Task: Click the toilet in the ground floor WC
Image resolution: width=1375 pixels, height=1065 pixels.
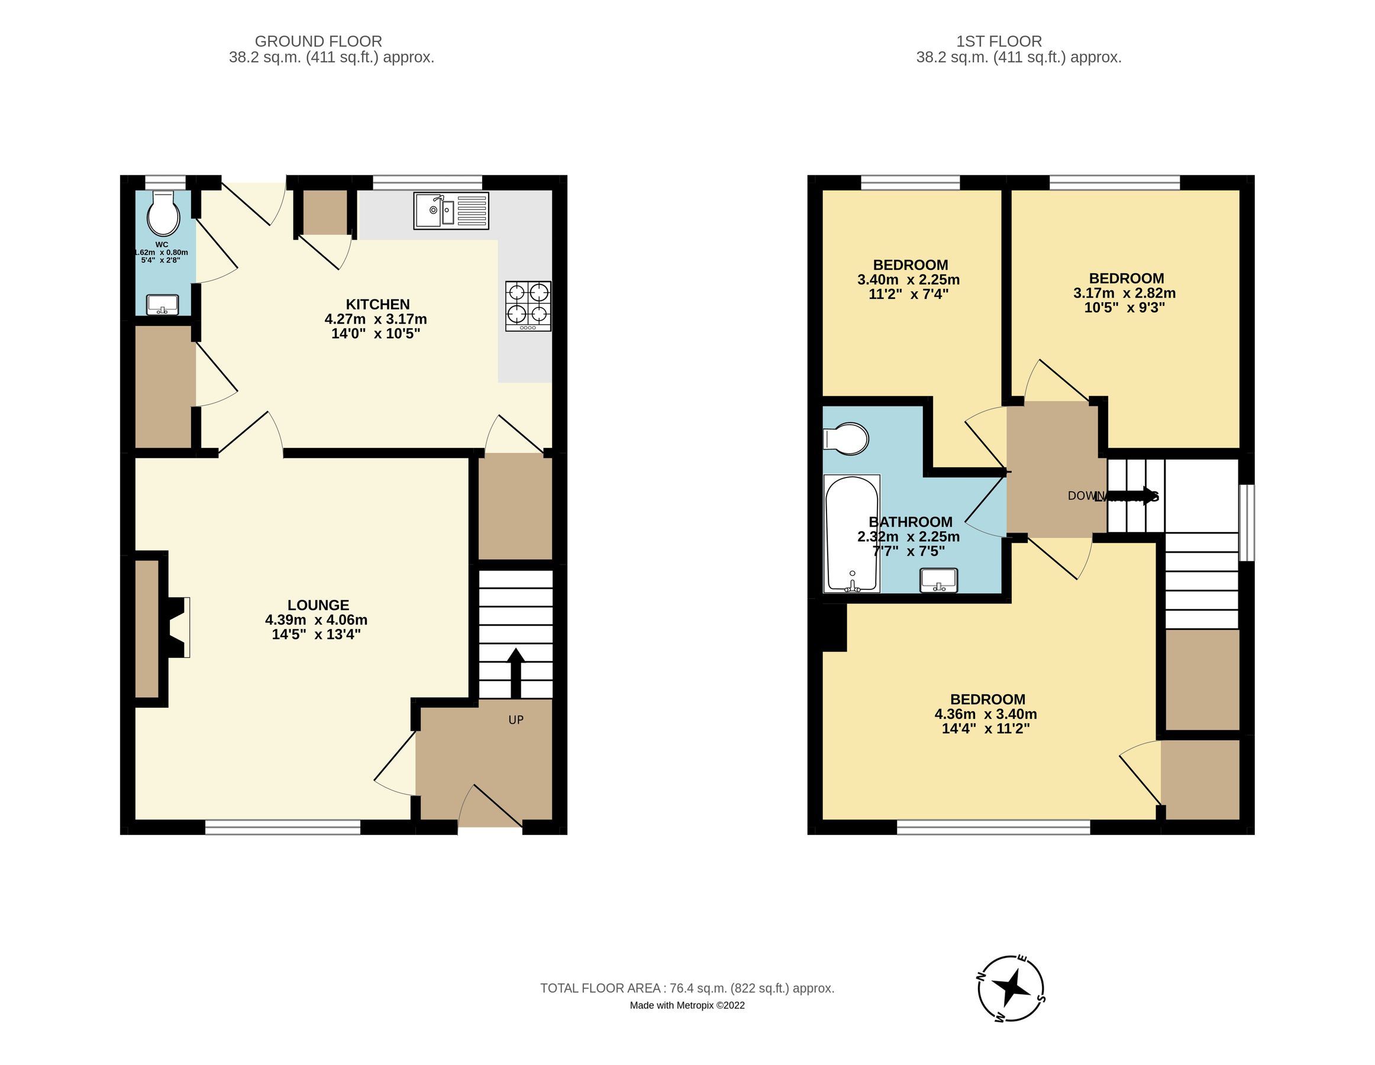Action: (163, 215)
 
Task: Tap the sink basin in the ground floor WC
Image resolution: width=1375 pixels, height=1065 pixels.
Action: (163, 305)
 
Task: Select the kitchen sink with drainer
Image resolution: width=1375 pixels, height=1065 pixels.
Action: (451, 211)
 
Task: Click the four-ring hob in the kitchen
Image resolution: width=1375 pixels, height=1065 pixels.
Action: (528, 306)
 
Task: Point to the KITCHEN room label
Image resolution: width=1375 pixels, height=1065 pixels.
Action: (377, 305)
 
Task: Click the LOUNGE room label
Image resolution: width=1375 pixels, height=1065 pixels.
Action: (318, 605)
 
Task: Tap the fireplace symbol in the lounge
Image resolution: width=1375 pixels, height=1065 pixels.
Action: (176, 628)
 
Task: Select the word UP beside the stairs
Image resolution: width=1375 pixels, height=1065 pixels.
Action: (516, 719)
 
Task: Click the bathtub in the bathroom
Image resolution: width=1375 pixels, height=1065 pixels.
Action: (851, 533)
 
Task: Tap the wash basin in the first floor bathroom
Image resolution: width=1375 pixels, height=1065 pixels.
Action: (939, 580)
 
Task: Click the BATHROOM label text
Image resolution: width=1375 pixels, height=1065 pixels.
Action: (911, 522)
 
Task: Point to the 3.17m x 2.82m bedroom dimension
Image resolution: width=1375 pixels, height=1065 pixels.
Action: (1124, 293)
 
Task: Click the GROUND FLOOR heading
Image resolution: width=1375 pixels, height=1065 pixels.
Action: (318, 41)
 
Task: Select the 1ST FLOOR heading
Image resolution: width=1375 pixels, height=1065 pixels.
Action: (999, 41)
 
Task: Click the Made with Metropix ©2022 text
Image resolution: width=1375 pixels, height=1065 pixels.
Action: (687, 1006)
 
